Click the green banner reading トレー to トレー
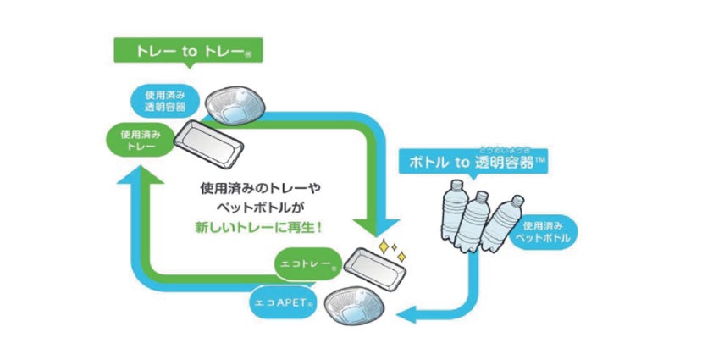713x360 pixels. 187,51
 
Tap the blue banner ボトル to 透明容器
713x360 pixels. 473,161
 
